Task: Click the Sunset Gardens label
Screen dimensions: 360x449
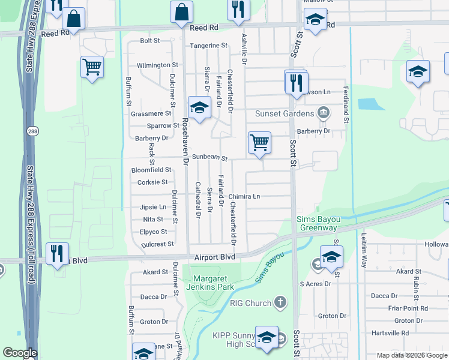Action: point(285,113)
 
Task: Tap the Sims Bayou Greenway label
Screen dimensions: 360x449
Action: point(317,224)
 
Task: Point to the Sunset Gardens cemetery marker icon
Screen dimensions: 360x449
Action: point(323,112)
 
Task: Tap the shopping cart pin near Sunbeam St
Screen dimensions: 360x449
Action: point(259,143)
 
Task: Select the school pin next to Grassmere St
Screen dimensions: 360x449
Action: point(199,108)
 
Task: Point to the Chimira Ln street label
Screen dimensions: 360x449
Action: point(244,197)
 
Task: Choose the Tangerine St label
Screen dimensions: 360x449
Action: point(209,46)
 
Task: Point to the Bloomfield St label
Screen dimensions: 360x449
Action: point(151,170)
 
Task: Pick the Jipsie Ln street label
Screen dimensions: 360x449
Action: point(153,207)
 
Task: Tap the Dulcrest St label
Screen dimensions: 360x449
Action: point(157,244)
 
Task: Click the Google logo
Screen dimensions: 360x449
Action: point(20,353)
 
